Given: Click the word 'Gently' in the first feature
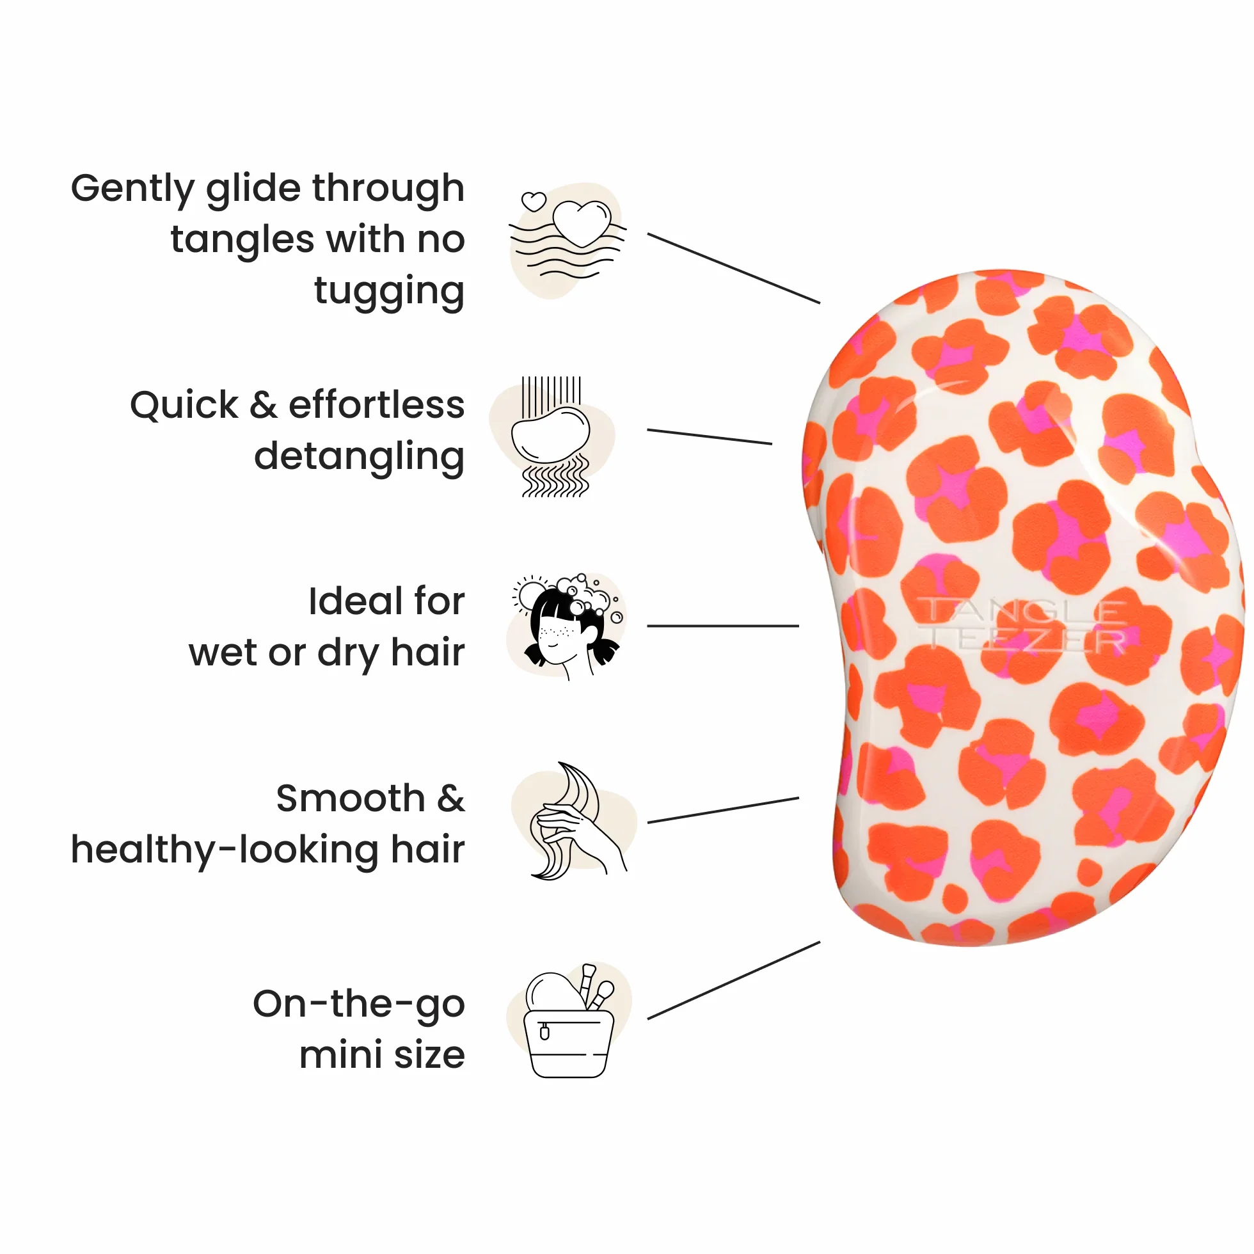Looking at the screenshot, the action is pos(132,189).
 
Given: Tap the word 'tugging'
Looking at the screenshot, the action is pos(390,292).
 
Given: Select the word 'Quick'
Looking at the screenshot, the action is pos(184,406).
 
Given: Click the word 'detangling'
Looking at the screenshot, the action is pos(360,457).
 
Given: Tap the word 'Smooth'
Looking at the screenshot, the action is pos(351,798).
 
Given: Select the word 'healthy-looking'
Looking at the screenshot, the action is pos(225,850).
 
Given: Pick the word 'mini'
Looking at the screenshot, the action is pos(341,1056).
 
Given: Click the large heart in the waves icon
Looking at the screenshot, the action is pos(582,223).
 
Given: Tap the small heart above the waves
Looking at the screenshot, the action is pos(534,201).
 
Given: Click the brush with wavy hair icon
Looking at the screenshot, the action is pos(551,436).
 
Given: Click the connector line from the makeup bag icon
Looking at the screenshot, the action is pos(734,980).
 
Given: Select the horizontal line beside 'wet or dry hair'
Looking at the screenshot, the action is pos(723,626).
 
